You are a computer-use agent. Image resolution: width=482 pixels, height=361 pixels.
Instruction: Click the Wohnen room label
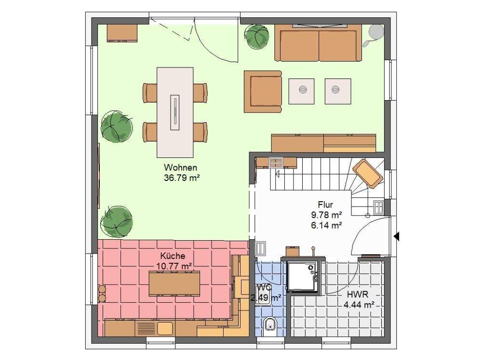[x=181, y=168]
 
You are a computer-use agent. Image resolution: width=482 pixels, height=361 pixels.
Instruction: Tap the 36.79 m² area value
[x=182, y=178]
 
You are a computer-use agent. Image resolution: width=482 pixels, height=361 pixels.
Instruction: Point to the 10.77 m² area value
[x=174, y=265]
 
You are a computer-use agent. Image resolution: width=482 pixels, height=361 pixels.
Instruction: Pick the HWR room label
[x=357, y=295]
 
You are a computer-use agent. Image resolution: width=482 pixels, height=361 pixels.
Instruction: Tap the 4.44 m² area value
[x=359, y=304]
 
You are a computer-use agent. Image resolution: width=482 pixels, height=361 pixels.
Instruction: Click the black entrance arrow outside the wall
[x=397, y=236]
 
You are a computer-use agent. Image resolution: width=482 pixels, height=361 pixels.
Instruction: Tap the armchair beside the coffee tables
[x=262, y=91]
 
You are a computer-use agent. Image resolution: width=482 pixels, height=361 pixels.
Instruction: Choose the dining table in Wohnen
[x=175, y=112]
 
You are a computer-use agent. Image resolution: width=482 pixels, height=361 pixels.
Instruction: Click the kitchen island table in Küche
[x=174, y=284]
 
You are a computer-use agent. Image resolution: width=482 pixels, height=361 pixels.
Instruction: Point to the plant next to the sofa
[x=256, y=36]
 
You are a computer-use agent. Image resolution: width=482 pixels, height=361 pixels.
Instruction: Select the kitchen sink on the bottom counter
[x=164, y=328]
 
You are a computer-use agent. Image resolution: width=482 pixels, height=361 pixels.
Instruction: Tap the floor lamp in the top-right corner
[x=375, y=32]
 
